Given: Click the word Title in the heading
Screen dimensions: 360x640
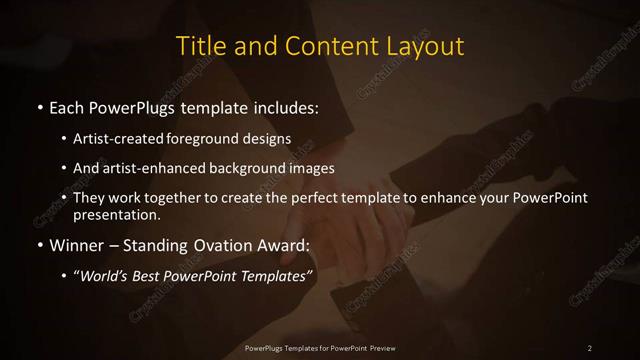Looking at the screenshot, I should (199, 46).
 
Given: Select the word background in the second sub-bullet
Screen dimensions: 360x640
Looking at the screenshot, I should (250, 168).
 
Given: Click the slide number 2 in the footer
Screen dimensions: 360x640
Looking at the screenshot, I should (590, 348).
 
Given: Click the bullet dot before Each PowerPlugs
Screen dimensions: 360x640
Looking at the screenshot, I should (38, 106).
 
